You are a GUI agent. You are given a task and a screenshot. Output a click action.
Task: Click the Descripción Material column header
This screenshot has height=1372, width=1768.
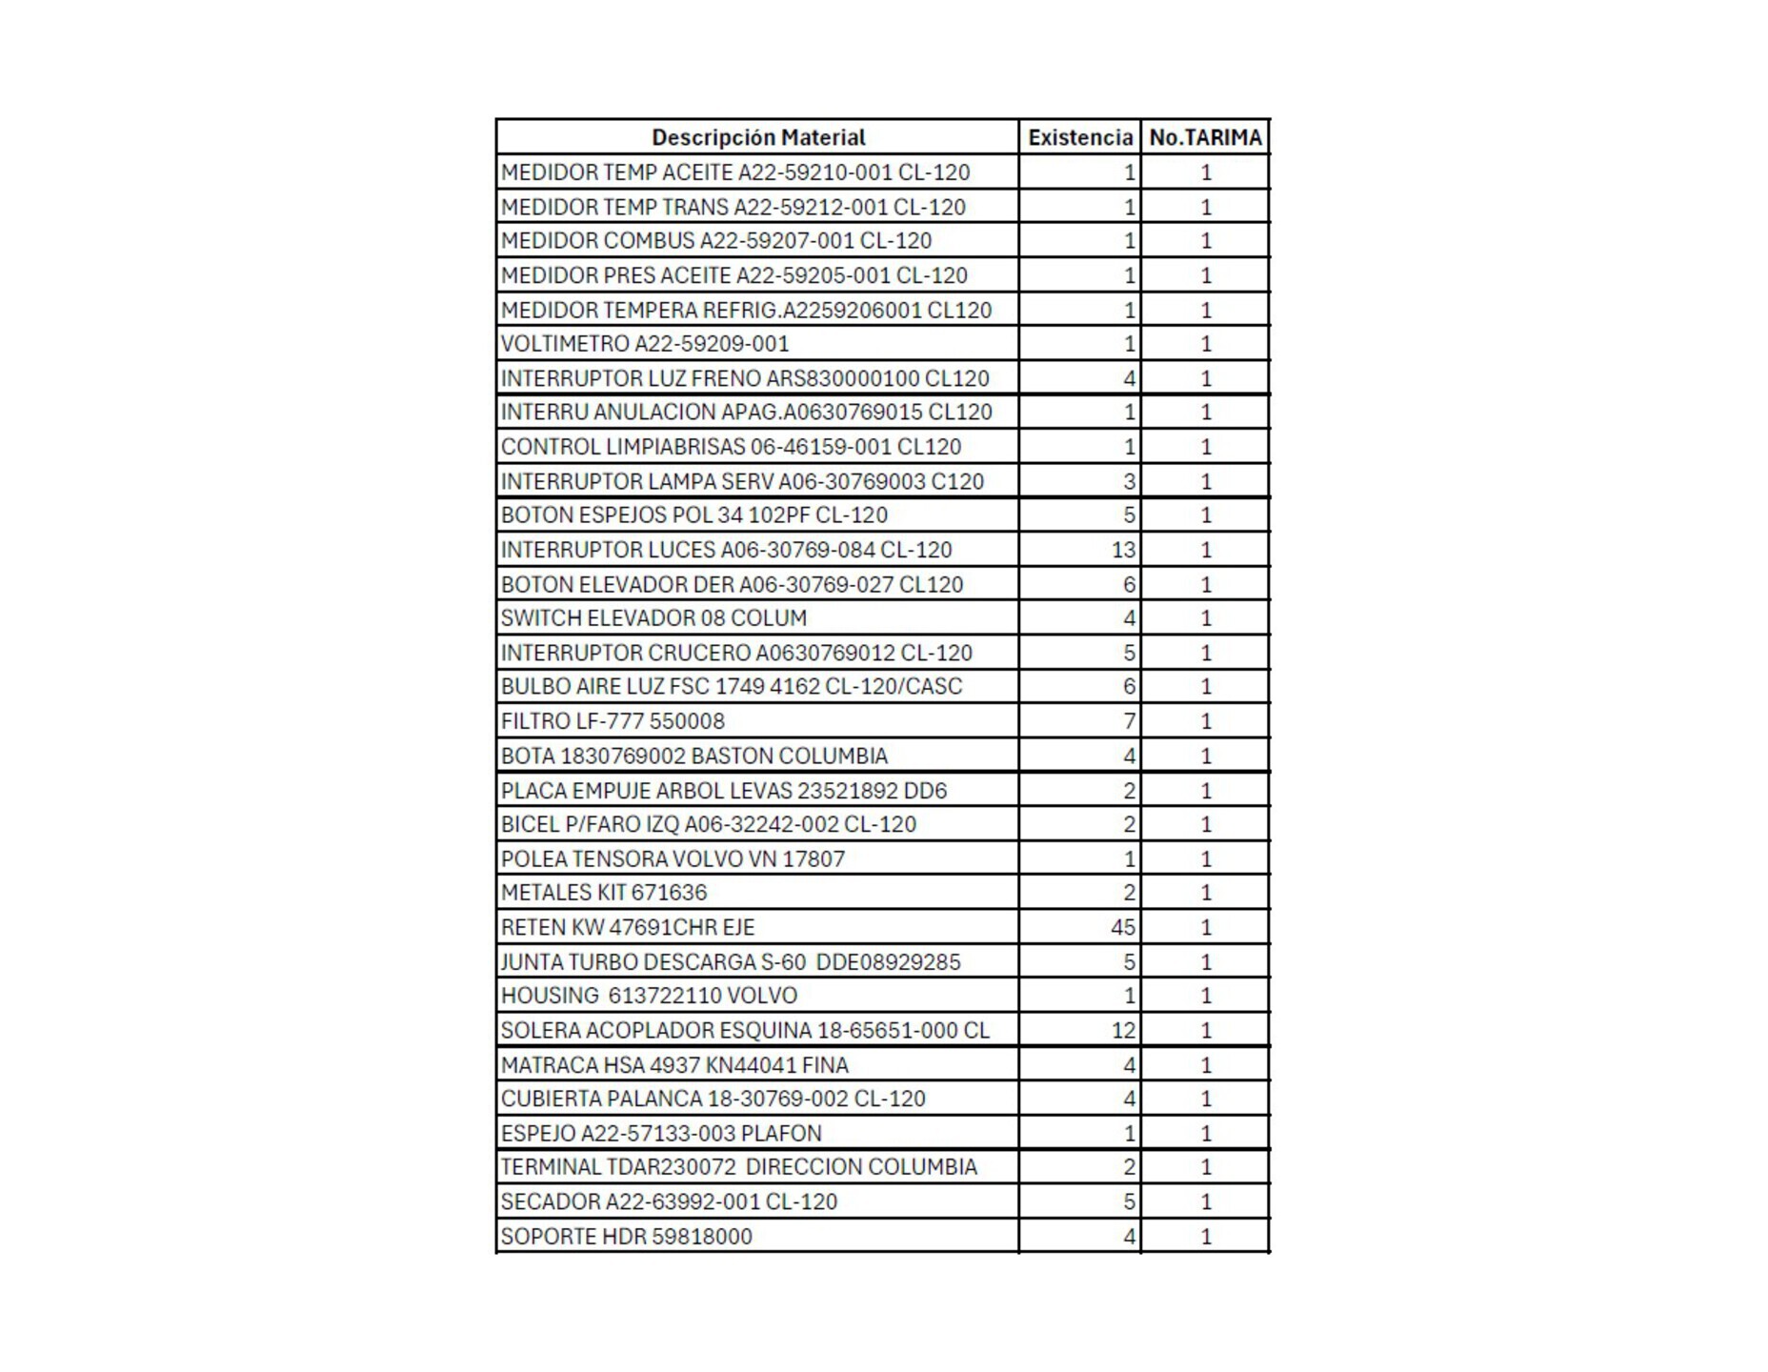757,137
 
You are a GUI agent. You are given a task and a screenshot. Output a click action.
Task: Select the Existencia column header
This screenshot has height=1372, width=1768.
1079,137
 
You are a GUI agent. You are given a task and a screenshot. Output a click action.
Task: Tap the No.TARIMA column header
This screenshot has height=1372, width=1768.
1205,137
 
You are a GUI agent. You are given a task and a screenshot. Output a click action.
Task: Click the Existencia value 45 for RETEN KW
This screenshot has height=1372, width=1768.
1122,927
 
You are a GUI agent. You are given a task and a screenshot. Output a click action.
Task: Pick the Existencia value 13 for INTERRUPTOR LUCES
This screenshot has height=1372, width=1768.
1122,550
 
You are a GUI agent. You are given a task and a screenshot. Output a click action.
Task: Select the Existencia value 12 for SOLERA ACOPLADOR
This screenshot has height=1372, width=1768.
1122,1030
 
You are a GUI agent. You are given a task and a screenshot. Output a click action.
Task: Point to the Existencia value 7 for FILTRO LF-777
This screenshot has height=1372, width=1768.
1129,721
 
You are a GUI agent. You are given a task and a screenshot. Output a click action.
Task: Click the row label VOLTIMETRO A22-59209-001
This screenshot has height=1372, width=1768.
645,344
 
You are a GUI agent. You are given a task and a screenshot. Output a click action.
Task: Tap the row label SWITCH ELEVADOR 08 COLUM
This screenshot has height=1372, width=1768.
653,618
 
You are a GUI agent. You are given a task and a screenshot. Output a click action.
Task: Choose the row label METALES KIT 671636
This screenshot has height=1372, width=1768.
604,893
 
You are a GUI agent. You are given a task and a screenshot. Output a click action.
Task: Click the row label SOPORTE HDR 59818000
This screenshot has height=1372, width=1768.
626,1237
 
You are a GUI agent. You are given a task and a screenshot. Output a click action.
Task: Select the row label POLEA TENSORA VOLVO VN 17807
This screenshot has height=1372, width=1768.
673,858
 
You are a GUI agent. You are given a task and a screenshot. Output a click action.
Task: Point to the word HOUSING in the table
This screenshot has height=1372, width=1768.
550,996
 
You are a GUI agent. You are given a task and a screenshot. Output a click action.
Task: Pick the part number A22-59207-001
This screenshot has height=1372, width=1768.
776,241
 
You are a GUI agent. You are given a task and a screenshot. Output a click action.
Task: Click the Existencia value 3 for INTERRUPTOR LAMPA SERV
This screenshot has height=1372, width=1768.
1129,481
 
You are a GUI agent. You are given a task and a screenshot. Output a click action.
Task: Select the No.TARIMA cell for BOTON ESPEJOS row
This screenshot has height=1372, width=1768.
1205,515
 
